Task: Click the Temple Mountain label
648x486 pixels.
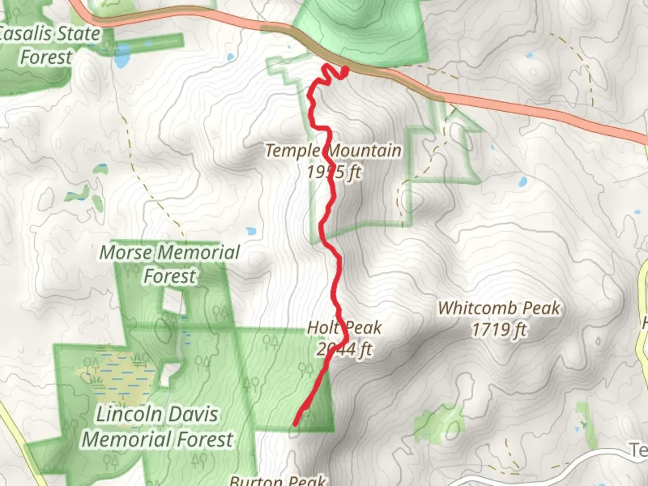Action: tap(333, 151)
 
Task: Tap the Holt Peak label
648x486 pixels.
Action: tap(344, 328)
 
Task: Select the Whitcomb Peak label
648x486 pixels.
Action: tap(499, 309)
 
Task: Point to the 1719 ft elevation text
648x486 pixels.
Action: tap(499, 330)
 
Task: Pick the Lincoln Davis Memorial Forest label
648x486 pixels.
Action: tap(157, 427)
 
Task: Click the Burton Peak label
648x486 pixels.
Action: tap(278, 480)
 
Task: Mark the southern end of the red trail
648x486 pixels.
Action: tap(295, 423)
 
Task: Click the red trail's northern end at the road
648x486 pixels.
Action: tap(345, 70)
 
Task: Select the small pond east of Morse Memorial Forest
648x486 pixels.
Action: tap(251, 231)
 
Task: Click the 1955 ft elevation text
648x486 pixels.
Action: tap(334, 172)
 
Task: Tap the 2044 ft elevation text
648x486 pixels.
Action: tap(344, 349)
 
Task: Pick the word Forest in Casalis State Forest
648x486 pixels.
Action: tap(46, 57)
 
